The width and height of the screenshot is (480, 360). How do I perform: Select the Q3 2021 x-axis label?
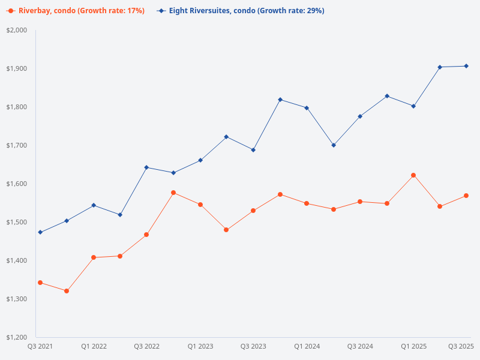pos(40,346)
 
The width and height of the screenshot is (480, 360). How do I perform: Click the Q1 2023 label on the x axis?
pos(200,346)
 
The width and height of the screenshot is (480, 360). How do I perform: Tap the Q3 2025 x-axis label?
pos(461,346)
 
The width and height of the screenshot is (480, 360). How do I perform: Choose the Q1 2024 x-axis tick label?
pos(307,346)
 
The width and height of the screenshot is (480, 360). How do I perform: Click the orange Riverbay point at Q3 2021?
pos(40,283)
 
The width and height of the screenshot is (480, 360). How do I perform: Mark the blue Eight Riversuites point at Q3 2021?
pos(40,232)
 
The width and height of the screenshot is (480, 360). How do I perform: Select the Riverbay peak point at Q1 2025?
pos(413,175)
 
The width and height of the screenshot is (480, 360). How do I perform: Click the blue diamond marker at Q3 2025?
pos(466,66)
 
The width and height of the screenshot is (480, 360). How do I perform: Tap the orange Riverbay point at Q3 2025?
pos(466,196)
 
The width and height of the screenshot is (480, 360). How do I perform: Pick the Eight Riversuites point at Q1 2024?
pos(307,108)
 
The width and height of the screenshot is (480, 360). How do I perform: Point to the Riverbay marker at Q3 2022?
pos(146,235)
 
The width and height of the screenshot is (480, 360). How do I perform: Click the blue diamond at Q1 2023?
pos(200,160)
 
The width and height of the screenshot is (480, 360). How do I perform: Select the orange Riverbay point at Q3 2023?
pos(253,211)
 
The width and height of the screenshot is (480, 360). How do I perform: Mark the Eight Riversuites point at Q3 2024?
pos(360,116)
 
